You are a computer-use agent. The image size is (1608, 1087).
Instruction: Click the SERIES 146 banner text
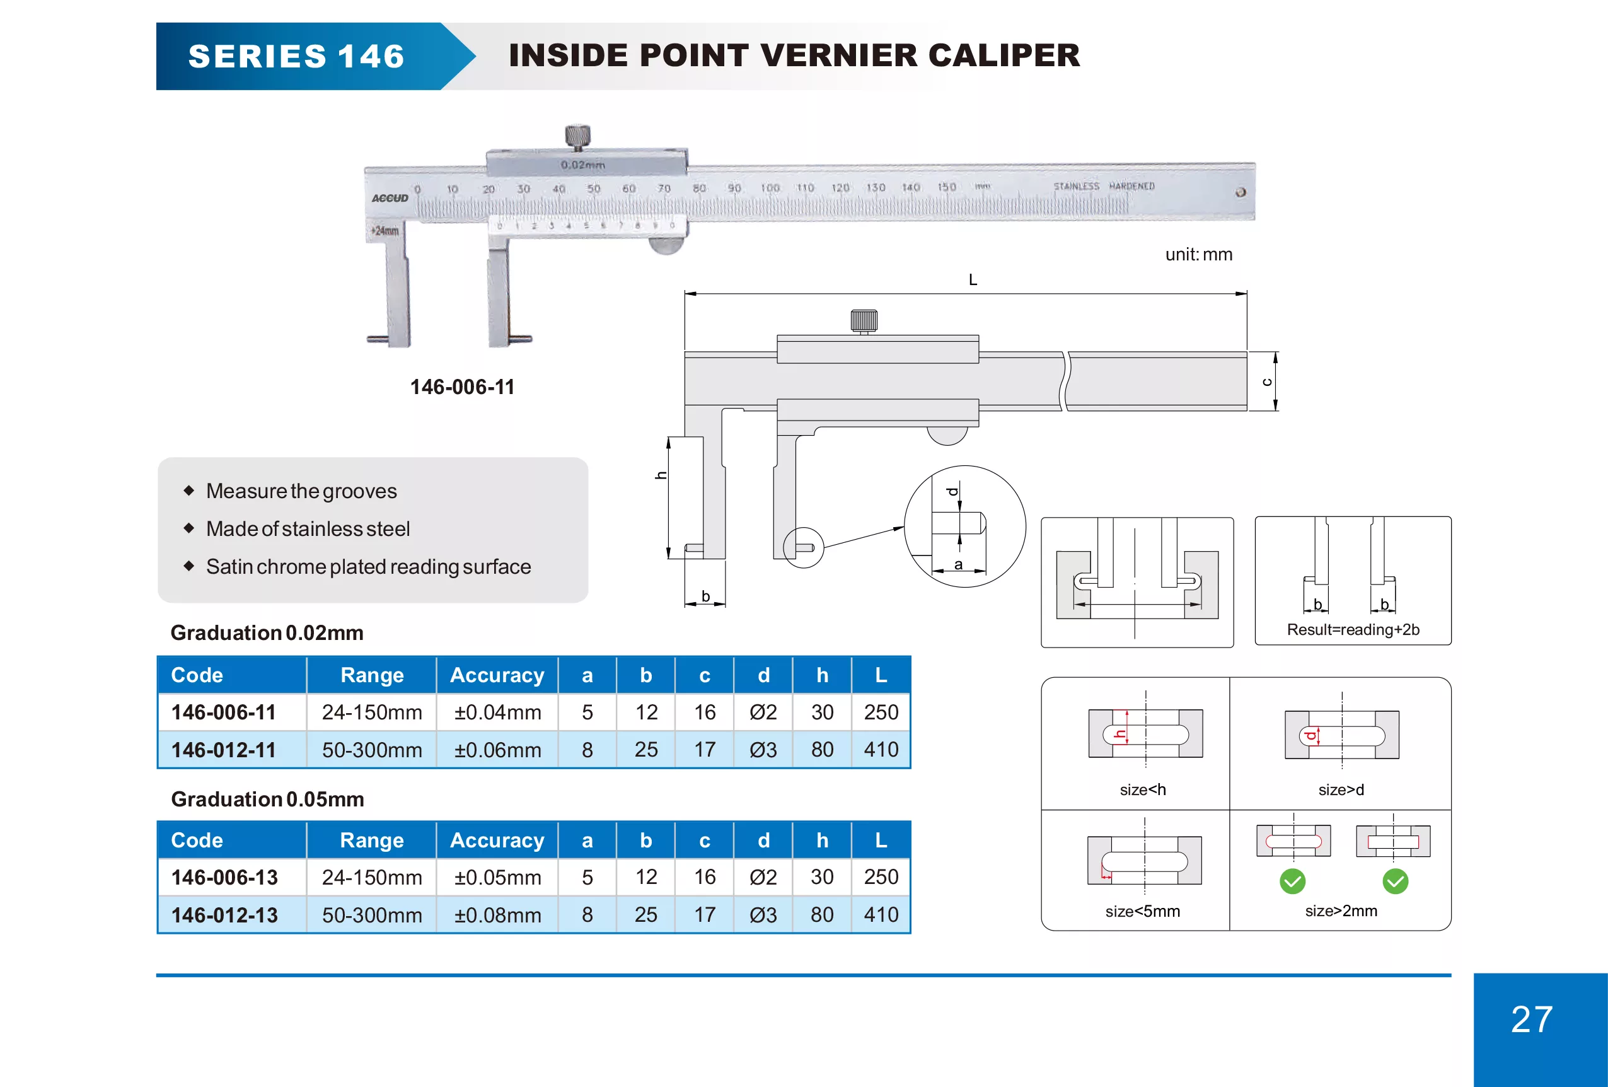click(x=296, y=56)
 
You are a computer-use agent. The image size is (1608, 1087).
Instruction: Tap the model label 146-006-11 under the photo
click(x=462, y=387)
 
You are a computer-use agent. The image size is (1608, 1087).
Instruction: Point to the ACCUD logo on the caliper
click(x=390, y=198)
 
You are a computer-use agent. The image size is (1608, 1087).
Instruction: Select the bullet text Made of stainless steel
click(x=308, y=528)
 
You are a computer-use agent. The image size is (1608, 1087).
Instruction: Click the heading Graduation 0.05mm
click(x=267, y=799)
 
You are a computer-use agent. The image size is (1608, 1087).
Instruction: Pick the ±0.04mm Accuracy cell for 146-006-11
click(x=497, y=712)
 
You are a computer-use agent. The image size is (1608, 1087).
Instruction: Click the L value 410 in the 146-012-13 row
click(x=881, y=915)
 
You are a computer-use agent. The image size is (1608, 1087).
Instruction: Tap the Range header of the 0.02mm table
click(x=371, y=675)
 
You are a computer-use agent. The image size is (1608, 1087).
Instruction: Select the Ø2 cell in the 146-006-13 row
click(x=763, y=877)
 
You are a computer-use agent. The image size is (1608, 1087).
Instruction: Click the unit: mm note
click(x=1198, y=255)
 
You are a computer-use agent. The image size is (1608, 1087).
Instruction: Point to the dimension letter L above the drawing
click(x=973, y=279)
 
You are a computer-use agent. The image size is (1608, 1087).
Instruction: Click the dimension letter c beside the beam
click(x=1266, y=382)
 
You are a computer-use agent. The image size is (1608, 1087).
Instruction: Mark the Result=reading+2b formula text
click(x=1353, y=630)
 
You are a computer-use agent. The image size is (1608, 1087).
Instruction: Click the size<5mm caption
click(x=1142, y=911)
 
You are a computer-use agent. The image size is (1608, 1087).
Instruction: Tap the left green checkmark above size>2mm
click(x=1292, y=881)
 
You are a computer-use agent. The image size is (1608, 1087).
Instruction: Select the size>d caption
click(x=1341, y=789)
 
